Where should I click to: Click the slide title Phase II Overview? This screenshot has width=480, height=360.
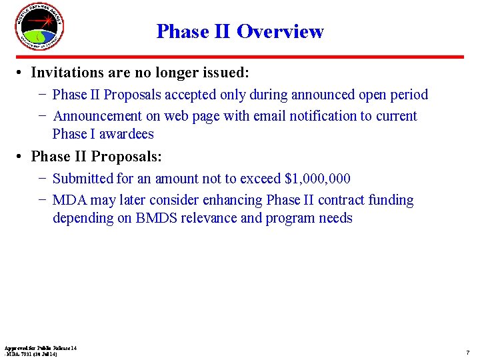tap(240, 31)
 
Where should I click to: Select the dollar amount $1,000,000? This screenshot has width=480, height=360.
tap(317, 179)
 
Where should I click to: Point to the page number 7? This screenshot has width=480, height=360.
tap(467, 351)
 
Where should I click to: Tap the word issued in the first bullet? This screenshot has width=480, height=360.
tap(225, 72)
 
